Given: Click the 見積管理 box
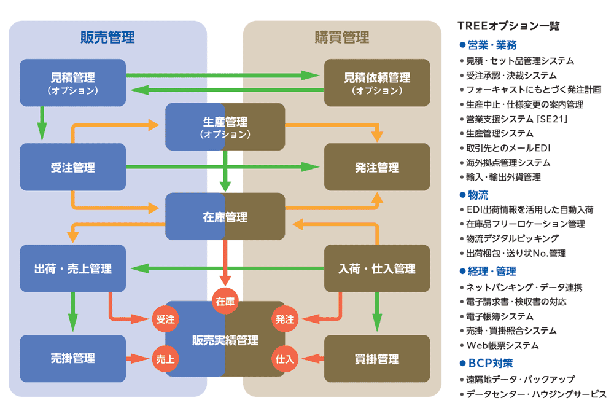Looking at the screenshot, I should (72, 82).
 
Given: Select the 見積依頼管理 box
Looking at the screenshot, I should (376, 82).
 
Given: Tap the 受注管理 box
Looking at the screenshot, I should (72, 167).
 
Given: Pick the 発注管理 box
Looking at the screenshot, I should (376, 167).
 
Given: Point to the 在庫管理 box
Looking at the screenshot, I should (225, 217).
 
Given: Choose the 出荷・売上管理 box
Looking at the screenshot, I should (72, 268).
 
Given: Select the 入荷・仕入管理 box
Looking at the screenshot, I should (376, 268).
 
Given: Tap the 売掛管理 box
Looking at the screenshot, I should (72, 359).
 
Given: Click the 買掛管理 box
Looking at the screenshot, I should (376, 359).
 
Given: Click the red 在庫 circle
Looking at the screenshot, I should (225, 301).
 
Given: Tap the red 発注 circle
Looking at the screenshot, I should (285, 319).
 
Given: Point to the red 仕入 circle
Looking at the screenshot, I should (285, 359).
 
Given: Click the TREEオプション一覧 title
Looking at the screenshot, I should (508, 26).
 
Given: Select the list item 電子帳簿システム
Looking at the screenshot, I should (500, 316).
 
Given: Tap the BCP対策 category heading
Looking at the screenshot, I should (491, 362).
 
